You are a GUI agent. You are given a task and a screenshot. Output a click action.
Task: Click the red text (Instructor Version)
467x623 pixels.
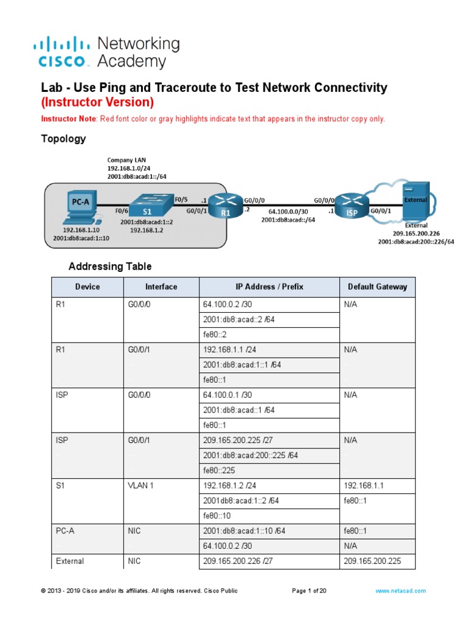tap(97, 102)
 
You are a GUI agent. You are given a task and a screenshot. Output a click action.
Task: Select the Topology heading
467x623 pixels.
tap(63, 139)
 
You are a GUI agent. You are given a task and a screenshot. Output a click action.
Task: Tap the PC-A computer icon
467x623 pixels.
tap(79, 207)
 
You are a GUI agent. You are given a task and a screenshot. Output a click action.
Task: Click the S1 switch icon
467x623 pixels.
tap(147, 204)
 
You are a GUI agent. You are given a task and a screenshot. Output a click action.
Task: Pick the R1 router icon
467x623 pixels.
tap(225, 204)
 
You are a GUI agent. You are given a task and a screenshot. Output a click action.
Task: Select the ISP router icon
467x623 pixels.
tap(352, 205)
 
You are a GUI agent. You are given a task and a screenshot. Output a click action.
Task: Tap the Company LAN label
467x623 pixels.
tap(126, 159)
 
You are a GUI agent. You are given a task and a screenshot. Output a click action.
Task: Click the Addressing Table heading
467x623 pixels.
tap(110, 266)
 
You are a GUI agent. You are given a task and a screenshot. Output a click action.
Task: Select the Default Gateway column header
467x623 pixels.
tap(377, 287)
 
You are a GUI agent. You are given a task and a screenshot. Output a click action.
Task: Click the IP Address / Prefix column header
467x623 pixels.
tap(269, 287)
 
